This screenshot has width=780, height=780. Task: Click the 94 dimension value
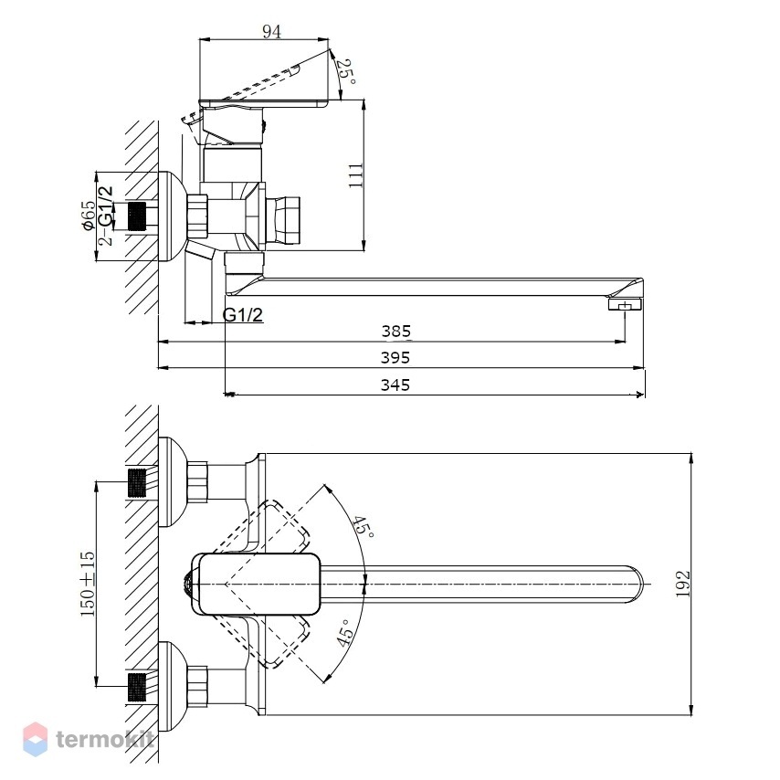coord(271,32)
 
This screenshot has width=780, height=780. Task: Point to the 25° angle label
coord(346,72)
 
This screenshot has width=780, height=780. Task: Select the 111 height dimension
coord(356,175)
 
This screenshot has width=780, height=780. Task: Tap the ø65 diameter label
coord(89,216)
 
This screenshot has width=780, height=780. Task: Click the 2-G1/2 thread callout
coord(105,216)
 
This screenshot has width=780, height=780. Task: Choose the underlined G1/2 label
coord(243,315)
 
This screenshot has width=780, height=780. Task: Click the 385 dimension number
coord(396,332)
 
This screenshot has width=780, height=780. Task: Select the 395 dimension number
coord(395,358)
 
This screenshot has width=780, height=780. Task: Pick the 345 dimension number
coord(395,385)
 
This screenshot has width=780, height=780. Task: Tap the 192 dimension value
coord(683,584)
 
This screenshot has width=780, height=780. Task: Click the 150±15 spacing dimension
coord(88,584)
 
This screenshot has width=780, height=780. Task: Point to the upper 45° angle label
coord(363,527)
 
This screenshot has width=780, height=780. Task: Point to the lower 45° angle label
coord(345,632)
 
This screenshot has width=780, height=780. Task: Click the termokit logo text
coord(105,739)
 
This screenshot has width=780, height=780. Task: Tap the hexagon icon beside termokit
coord(36,739)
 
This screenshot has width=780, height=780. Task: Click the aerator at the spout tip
coord(626,304)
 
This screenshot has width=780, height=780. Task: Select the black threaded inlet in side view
coord(137,216)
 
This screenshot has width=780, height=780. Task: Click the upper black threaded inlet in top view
coord(137,482)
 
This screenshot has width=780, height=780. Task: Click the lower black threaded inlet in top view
coord(137,687)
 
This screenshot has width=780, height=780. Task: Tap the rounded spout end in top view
coord(634,584)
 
